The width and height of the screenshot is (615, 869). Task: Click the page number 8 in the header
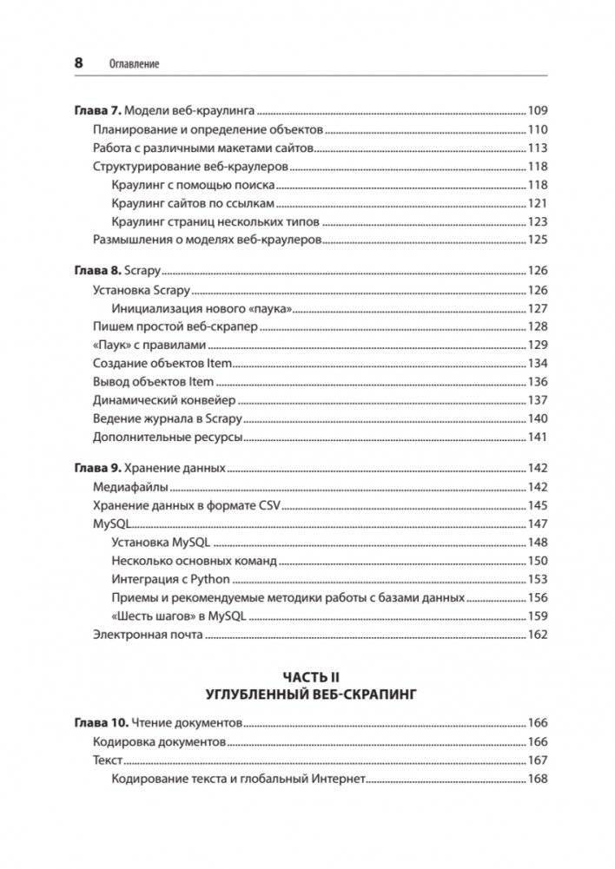pos(78,63)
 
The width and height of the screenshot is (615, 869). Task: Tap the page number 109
pos(538,111)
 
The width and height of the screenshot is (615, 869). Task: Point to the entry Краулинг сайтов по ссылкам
pos(193,203)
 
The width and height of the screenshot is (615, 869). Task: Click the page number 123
pos(538,221)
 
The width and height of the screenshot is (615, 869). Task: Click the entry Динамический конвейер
pos(163,400)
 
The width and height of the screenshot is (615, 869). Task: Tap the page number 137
pos(538,400)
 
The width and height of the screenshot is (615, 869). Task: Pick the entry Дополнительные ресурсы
pos(167,437)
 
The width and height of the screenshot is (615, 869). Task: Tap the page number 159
pos(538,616)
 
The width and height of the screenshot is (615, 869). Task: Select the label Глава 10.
pos(97,722)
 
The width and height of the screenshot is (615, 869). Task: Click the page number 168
pos(538,780)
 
